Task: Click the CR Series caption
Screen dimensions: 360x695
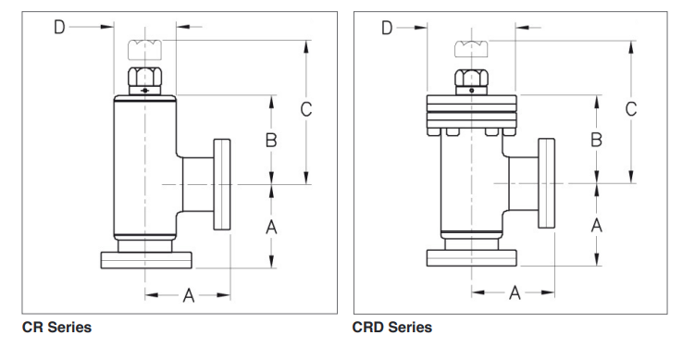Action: pos(56,327)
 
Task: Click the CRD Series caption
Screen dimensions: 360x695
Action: pos(391,327)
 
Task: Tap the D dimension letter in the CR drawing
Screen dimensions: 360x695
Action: pos(58,28)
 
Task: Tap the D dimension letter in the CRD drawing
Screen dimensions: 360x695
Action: pos(388,28)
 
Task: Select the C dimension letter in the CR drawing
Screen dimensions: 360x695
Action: pos(305,108)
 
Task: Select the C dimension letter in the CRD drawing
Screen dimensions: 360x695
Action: pos(631,108)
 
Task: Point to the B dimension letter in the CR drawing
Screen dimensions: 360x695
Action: pos(271,140)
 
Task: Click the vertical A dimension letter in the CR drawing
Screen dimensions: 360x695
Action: pos(271,226)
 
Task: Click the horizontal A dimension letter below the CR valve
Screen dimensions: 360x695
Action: pos(188,295)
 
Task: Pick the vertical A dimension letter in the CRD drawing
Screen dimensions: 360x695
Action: pos(597,224)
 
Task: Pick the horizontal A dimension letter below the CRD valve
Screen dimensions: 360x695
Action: pos(515,293)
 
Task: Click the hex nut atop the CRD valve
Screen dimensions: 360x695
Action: pos(471,74)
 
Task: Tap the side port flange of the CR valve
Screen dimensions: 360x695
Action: pos(223,183)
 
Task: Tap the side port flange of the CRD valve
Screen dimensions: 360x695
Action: pos(546,183)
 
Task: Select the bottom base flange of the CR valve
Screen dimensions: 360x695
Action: pos(145,260)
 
